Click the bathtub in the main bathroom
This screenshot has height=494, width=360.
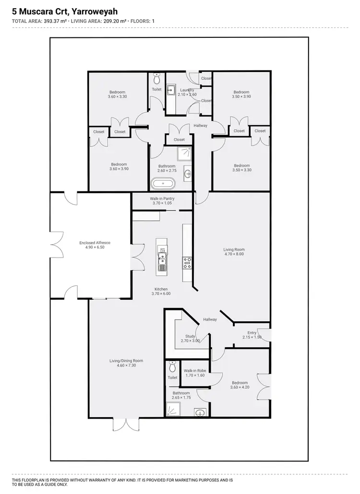pyautogui.click(x=163, y=183)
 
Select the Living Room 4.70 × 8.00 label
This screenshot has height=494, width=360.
pyautogui.click(x=234, y=252)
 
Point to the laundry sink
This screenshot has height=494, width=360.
pyautogui.click(x=171, y=89)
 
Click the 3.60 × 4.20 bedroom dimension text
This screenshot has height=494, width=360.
pyautogui.click(x=240, y=388)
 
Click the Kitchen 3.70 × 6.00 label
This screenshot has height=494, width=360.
pyautogui.click(x=161, y=291)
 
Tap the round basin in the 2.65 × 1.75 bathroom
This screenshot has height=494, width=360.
pyautogui.click(x=201, y=412)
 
